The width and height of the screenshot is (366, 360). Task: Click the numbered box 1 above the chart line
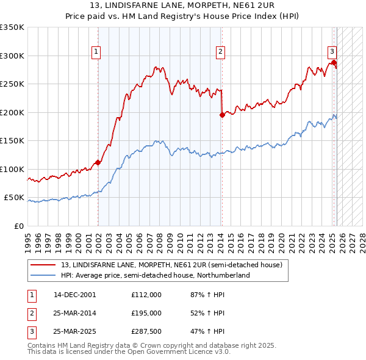[x=96, y=52]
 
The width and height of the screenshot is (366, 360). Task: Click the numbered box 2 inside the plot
[x=220, y=52]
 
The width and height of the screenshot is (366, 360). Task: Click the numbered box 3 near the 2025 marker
[x=332, y=52]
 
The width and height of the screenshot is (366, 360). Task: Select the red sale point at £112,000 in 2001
[x=98, y=162]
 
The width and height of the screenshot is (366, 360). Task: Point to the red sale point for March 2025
[x=334, y=62]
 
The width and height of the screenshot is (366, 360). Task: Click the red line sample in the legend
[x=43, y=265]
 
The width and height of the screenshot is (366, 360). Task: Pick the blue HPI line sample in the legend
[x=43, y=275]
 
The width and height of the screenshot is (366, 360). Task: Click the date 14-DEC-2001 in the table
[x=75, y=295]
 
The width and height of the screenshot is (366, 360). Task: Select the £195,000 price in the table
[x=146, y=313]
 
